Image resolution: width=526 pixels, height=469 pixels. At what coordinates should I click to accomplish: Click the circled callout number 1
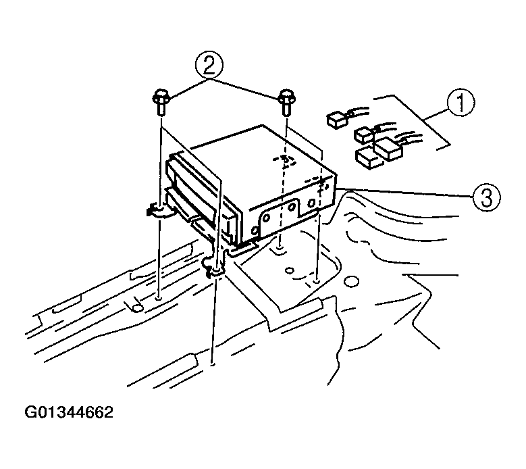click(x=461, y=103)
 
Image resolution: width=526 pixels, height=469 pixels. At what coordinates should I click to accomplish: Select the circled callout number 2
click(x=209, y=66)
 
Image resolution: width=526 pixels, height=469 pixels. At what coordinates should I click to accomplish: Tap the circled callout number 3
click(x=486, y=197)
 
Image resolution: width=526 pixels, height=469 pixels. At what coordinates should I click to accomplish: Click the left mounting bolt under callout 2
click(x=160, y=102)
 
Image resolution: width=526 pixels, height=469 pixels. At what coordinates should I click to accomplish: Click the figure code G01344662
click(x=69, y=413)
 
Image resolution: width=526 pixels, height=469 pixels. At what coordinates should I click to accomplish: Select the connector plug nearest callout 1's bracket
click(x=388, y=150)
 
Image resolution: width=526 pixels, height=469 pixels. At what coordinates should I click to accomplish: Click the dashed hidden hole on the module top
click(x=285, y=160)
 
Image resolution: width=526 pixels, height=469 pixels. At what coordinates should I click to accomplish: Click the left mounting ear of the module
click(x=160, y=212)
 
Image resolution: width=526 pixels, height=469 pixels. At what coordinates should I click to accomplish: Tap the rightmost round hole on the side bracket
click(x=311, y=203)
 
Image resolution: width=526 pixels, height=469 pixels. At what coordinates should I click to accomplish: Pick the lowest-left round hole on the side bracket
click(x=255, y=231)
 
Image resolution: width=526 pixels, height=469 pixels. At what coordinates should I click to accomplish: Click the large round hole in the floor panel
click(x=351, y=281)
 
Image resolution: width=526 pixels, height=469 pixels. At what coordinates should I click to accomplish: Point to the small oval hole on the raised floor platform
click(x=289, y=270)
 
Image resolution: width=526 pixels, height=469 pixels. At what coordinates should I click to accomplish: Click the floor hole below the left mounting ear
click(x=159, y=298)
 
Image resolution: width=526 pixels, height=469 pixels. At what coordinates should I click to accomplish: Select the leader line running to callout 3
click(x=404, y=193)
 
